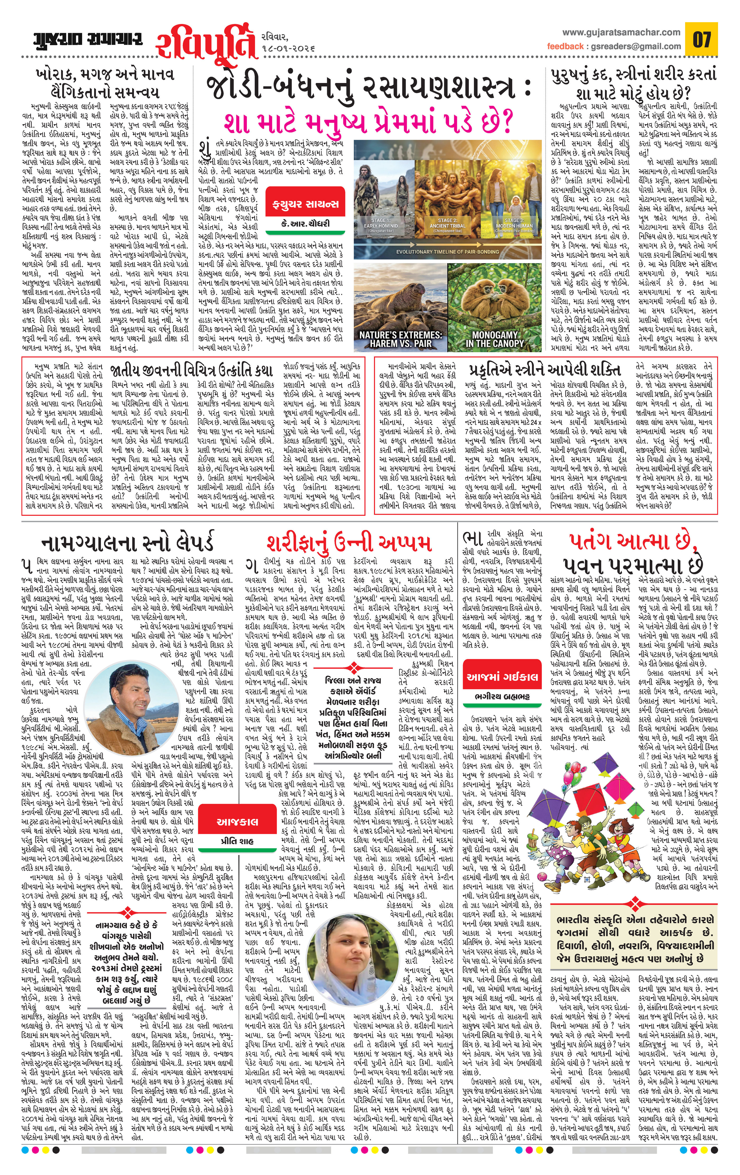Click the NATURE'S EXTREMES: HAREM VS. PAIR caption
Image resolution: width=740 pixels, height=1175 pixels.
tap(400, 339)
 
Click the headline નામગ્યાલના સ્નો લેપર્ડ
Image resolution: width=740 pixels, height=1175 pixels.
tap(128, 543)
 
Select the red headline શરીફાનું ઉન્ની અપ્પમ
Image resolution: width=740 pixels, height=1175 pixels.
tap(349, 543)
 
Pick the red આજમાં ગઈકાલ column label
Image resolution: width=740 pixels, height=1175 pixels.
tap(502, 677)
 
